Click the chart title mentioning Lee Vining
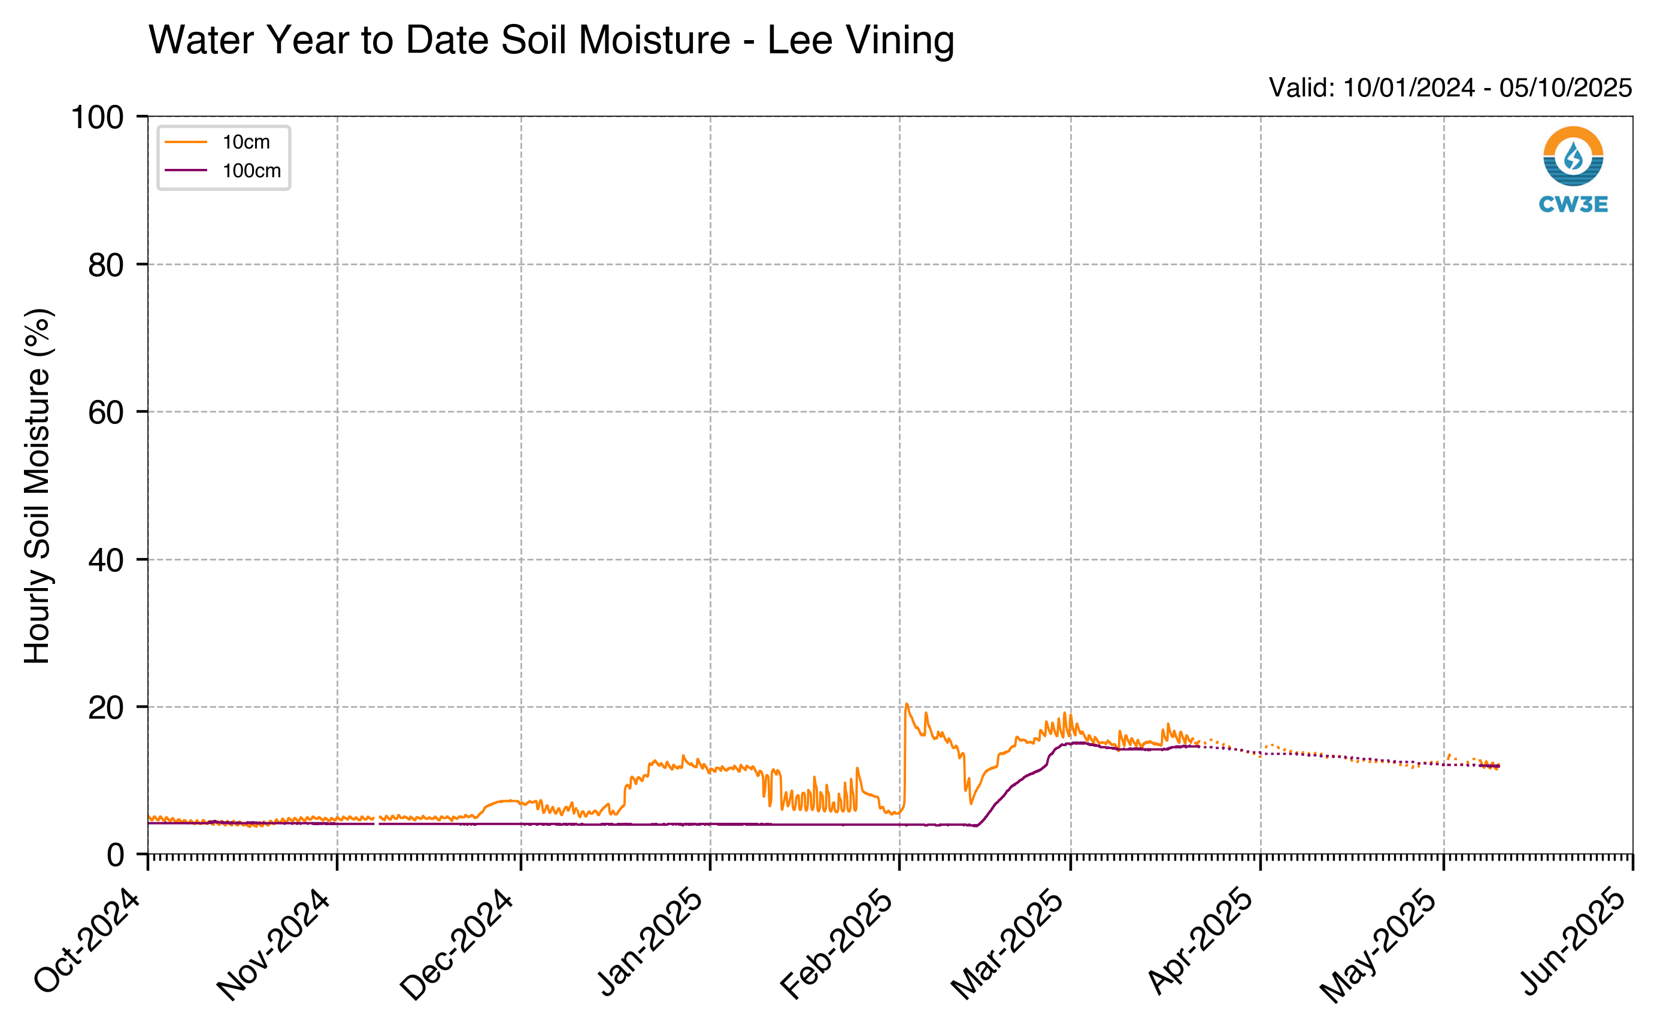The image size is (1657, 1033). (x=551, y=40)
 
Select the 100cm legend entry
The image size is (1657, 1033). (x=223, y=171)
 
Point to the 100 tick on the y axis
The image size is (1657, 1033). (x=98, y=117)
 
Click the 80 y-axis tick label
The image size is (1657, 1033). (x=106, y=265)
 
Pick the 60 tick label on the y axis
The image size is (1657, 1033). (x=106, y=413)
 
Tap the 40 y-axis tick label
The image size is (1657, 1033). (x=106, y=561)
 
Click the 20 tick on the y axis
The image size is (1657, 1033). (x=106, y=708)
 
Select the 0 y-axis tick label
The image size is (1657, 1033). (x=116, y=855)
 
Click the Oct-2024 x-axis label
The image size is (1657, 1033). (x=87, y=941)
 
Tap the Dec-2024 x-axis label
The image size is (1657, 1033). (x=456, y=944)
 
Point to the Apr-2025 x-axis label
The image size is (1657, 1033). (x=1200, y=941)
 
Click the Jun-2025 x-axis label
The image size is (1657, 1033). (x=1573, y=941)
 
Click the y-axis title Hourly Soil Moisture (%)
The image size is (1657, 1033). (x=38, y=486)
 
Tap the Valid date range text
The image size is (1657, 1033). (x=1450, y=87)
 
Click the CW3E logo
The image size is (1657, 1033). (x=1573, y=169)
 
